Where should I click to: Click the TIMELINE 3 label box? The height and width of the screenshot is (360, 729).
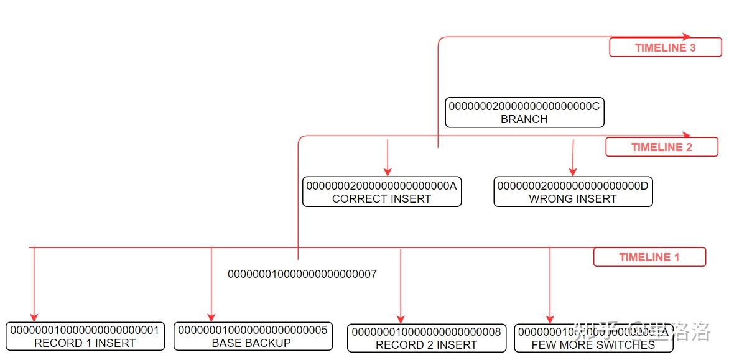click(x=665, y=48)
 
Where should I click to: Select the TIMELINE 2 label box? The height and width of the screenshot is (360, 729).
click(x=661, y=147)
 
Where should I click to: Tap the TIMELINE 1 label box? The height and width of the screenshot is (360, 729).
click(x=649, y=257)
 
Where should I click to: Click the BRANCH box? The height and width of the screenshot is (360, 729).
click(x=524, y=113)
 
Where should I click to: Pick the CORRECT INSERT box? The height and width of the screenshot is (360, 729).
click(x=382, y=192)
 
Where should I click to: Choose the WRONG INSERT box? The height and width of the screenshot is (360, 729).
click(x=573, y=192)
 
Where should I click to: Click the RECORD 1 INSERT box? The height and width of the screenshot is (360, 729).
click(x=85, y=336)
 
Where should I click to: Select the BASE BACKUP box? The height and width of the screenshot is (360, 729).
click(x=253, y=336)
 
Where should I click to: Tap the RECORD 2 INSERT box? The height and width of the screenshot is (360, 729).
click(x=426, y=338)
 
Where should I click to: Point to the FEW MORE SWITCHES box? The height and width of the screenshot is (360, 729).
click(x=593, y=338)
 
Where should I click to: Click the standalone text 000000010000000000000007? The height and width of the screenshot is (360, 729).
click(x=302, y=274)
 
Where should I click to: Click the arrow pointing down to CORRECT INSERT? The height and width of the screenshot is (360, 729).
click(x=388, y=158)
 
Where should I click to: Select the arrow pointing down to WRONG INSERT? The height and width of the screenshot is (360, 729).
click(x=573, y=158)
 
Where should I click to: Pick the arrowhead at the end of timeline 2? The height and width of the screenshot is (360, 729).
click(x=687, y=135)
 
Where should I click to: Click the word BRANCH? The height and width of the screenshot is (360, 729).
click(x=524, y=119)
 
